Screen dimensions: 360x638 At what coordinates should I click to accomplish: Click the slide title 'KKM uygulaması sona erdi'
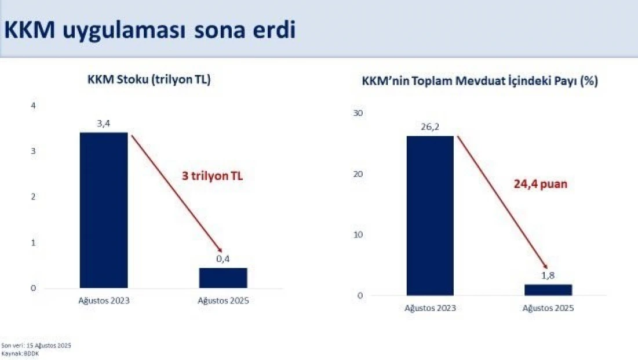[150, 30]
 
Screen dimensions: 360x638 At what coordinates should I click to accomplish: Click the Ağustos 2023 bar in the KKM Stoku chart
[104, 210]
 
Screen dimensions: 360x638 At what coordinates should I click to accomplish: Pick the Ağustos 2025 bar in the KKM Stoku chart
[223, 278]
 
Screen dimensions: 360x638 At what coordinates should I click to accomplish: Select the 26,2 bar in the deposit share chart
[430, 216]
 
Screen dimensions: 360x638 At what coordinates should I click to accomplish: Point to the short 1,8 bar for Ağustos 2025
[548, 290]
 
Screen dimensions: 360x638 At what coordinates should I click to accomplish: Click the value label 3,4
[104, 123]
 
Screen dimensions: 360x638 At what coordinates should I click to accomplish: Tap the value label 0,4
[223, 259]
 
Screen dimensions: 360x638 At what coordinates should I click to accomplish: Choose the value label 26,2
[430, 128]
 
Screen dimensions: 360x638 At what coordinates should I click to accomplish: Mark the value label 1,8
[548, 276]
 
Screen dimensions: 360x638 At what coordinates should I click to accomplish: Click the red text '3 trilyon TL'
[213, 176]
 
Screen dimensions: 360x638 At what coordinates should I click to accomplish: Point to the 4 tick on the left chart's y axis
[34, 106]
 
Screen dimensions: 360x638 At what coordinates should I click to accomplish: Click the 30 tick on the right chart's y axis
[358, 113]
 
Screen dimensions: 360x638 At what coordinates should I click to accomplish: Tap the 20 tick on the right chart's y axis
[358, 174]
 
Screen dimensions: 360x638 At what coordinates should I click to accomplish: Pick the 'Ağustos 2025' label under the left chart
[223, 300]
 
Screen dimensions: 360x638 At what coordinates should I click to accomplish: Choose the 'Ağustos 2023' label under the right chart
[430, 308]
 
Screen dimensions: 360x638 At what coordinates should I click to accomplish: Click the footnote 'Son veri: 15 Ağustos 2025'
[36, 345]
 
